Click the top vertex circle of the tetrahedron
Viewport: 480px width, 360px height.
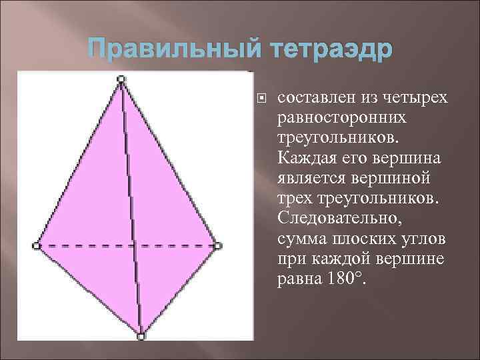121,79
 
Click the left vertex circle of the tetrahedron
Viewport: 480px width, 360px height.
36,246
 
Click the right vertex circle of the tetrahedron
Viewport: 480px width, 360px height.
218,246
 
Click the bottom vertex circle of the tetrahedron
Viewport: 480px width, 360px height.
141,337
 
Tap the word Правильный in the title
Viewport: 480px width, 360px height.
167,51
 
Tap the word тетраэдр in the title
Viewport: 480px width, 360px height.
323,51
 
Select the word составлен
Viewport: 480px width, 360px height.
316,98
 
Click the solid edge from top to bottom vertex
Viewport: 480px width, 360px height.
131,207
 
